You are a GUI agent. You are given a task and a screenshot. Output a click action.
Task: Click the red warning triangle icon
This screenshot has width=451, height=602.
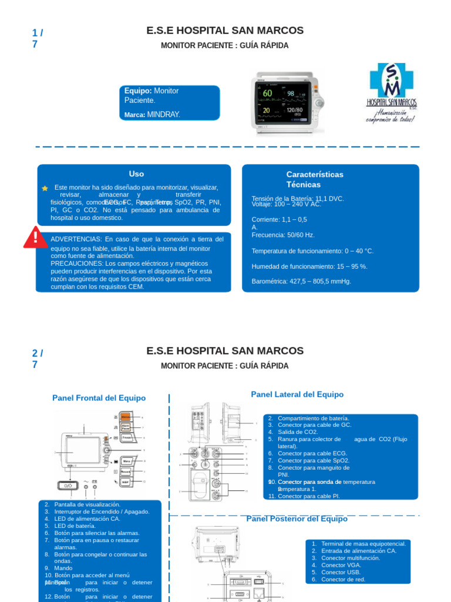(35, 237)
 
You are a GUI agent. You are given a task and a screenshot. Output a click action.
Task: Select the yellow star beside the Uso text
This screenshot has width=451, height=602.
(45, 188)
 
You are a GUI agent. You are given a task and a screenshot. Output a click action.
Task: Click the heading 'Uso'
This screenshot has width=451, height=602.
(136, 174)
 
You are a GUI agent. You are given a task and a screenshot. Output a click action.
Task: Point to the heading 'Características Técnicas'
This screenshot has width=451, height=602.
(315, 179)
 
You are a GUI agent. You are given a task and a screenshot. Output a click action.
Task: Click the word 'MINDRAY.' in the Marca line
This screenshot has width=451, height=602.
(164, 115)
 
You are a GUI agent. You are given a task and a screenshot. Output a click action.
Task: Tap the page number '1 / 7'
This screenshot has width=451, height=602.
(38, 38)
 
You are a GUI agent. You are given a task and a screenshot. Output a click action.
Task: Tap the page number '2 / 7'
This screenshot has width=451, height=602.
(38, 359)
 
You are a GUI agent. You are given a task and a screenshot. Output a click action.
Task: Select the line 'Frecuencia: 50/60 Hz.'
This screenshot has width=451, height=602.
(283, 235)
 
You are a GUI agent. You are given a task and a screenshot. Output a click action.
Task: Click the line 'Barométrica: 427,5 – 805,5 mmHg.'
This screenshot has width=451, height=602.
(301, 282)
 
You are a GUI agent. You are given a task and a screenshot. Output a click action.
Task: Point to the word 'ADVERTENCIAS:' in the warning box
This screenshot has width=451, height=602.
(76, 239)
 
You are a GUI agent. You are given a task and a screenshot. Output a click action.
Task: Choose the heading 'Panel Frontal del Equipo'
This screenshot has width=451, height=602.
(99, 398)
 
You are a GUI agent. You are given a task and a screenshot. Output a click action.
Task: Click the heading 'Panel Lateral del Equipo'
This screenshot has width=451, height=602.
(297, 394)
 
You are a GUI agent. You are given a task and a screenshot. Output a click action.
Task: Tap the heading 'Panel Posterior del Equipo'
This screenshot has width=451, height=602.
(297, 519)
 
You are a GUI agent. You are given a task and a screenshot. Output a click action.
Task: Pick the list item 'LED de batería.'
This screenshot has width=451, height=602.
(75, 526)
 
